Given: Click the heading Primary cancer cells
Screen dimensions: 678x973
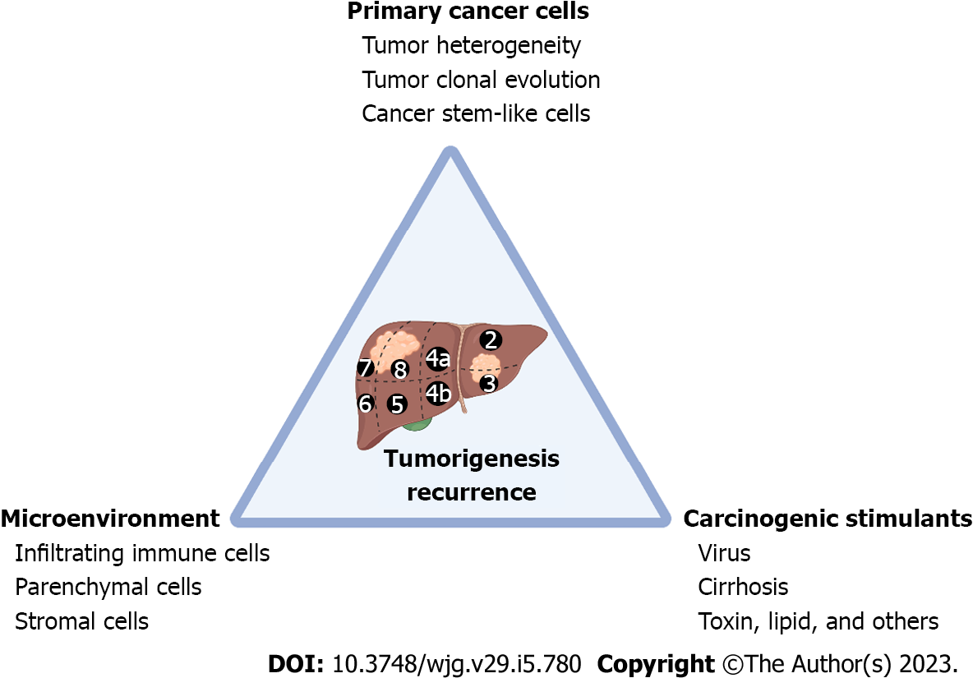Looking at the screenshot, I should coord(468,12).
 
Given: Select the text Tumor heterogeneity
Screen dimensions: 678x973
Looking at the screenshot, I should coord(471,45).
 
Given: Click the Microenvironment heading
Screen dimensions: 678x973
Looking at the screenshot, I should coord(111,519).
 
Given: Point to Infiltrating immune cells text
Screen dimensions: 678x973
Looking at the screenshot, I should coord(142,553).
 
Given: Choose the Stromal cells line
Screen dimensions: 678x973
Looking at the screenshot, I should coord(81,620).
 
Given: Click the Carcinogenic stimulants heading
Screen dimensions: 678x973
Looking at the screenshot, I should coord(828,519).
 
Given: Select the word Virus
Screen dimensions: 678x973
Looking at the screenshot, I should coord(724,553).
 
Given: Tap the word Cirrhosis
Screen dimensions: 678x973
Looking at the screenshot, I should coord(743,587).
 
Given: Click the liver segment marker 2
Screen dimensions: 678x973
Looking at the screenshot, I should coord(491,339).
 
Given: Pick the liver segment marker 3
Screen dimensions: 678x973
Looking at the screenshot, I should coord(489,383).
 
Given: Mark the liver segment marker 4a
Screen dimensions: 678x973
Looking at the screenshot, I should coord(438,359).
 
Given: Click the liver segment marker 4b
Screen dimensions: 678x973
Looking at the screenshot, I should coord(438,394).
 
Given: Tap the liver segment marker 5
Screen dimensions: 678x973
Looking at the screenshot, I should coord(398,404).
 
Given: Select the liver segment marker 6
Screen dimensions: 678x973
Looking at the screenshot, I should coord(367,404).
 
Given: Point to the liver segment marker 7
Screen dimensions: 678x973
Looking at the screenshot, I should coord(366,368).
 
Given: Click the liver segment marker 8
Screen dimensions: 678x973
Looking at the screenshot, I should coord(400,370).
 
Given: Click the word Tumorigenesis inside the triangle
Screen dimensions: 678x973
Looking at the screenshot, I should coord(471,459).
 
